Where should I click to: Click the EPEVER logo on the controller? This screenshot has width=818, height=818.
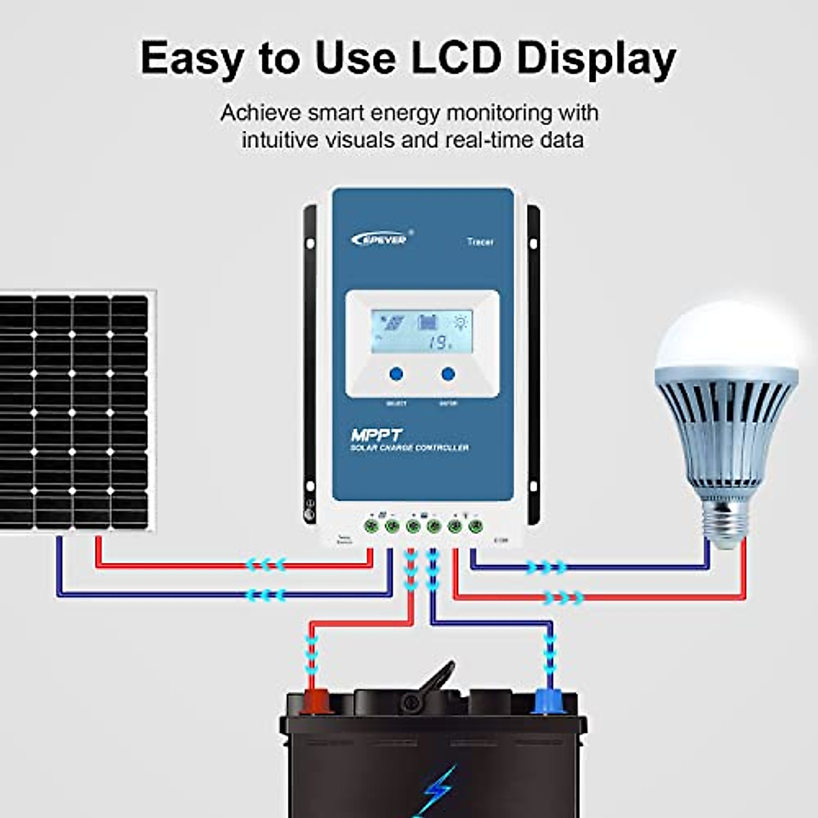pos(380,239)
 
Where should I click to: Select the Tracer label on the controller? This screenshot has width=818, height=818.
pos(481,241)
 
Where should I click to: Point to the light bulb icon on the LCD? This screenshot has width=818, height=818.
pos(461,321)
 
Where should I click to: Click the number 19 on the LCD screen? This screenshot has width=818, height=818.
pos(438,343)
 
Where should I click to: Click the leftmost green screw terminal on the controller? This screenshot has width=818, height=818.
pos(372,526)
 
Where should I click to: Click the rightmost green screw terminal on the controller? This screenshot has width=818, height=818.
pos(476,526)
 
